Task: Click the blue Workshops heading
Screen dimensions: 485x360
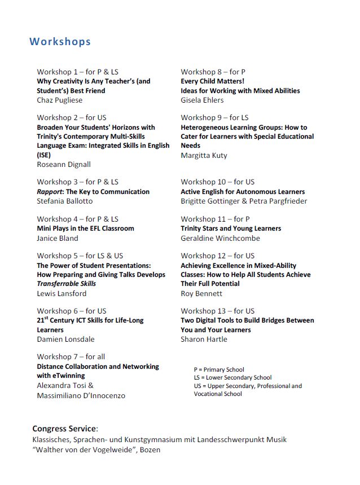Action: click(x=60, y=42)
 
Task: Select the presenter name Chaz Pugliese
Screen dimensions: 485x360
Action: click(x=59, y=100)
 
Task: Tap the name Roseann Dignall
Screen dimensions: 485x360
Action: click(x=64, y=164)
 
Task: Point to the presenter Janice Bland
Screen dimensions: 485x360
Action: click(x=58, y=238)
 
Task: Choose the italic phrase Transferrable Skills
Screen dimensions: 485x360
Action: click(x=66, y=284)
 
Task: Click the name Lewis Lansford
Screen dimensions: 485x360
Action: click(x=62, y=293)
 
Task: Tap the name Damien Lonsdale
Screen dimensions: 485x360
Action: click(x=65, y=339)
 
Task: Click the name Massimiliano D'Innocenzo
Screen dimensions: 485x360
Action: click(x=81, y=395)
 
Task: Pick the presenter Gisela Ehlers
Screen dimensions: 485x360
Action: click(x=202, y=100)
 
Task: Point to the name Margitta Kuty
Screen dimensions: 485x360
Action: click(x=204, y=155)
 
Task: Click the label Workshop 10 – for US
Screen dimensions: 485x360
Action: click(x=217, y=182)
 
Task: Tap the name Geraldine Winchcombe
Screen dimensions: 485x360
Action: click(x=220, y=238)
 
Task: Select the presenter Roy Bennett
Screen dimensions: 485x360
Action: click(x=201, y=293)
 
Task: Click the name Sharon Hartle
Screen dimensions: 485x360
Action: click(x=204, y=339)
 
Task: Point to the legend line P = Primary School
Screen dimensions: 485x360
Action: click(x=219, y=370)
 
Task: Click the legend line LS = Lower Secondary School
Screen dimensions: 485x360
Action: click(x=232, y=378)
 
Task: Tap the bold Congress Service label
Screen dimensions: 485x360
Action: click(x=65, y=429)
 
